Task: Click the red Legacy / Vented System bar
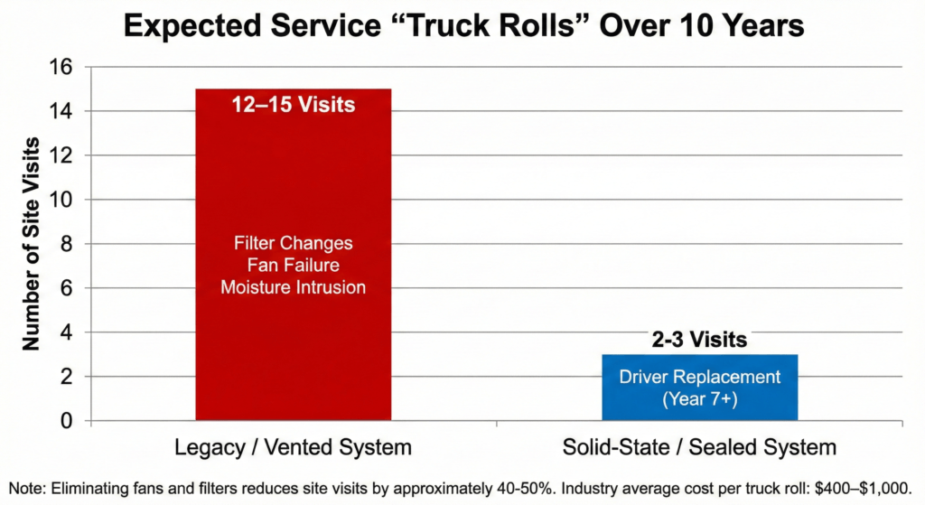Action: click(293, 181)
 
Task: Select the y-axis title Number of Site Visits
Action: click(31, 244)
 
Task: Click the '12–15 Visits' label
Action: click(293, 106)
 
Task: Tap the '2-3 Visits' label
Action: click(700, 341)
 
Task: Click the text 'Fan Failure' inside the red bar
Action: click(293, 266)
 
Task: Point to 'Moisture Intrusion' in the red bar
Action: click(293, 287)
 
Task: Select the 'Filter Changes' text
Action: click(293, 244)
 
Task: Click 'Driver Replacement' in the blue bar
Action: click(700, 378)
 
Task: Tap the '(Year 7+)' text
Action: click(700, 398)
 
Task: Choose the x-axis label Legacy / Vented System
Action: click(294, 447)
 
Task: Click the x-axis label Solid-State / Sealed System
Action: click(700, 447)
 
